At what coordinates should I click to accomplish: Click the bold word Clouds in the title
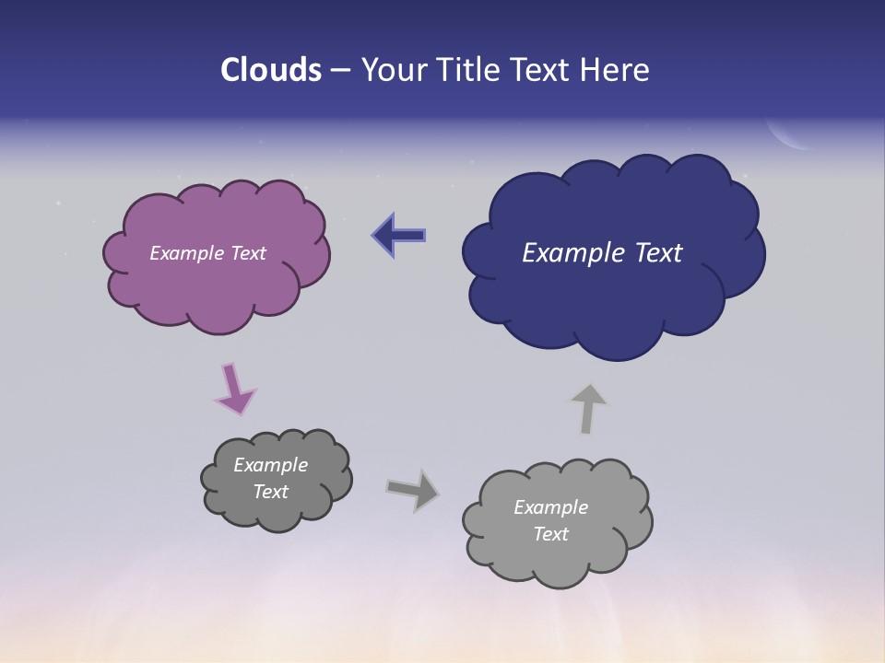point(270,70)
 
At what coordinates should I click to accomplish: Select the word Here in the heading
point(615,70)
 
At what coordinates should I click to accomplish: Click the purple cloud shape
point(217,285)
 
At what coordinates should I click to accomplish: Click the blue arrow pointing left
point(398,236)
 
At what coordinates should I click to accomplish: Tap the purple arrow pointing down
point(234,389)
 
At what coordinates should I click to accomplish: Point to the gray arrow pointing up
point(587,408)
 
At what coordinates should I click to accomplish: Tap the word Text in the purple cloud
point(245,253)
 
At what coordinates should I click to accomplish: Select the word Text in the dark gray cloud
point(270,492)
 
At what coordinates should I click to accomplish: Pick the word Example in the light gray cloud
point(550,507)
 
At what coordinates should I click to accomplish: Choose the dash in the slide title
point(339,70)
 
